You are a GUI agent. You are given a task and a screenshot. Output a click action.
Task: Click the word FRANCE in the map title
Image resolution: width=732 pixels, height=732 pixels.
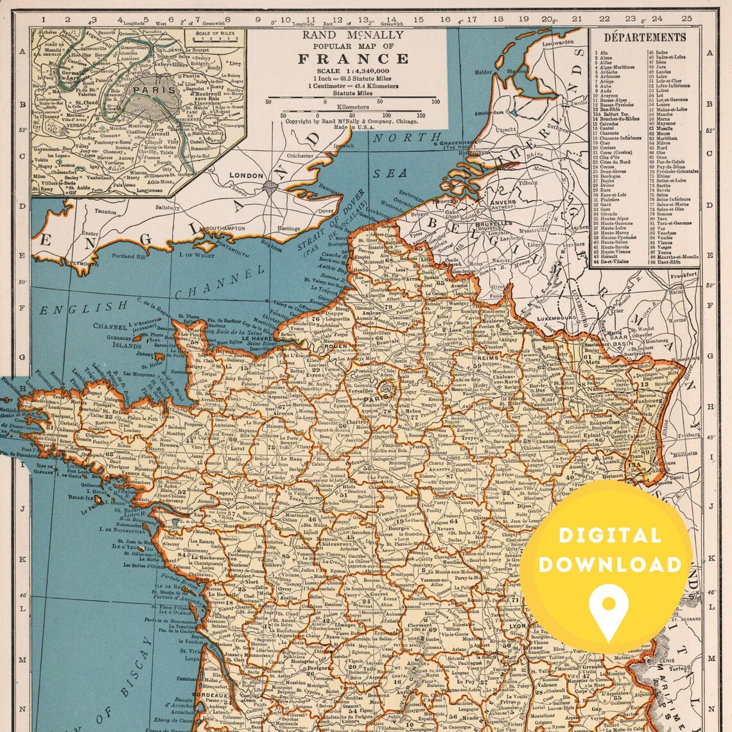coord(353,59)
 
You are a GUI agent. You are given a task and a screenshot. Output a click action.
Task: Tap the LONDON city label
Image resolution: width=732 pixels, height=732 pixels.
coord(247,175)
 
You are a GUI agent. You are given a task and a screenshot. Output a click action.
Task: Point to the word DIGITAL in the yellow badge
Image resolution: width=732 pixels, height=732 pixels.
coord(600,535)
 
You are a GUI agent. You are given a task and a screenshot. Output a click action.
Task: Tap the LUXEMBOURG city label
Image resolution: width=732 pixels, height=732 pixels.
coord(559,318)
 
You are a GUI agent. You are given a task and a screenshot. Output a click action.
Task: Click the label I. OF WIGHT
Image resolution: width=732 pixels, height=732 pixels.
coord(195,255)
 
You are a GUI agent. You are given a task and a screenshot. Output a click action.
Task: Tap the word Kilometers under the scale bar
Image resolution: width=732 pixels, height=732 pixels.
coord(353,107)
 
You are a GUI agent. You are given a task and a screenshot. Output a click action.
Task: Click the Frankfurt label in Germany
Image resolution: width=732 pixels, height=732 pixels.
coord(684,275)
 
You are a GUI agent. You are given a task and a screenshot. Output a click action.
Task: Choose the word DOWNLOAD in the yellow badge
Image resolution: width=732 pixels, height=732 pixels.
coord(609,564)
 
